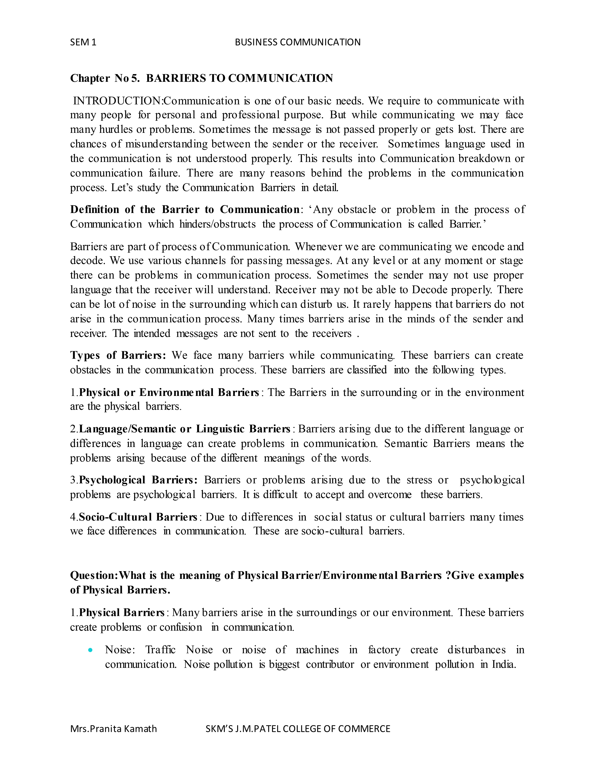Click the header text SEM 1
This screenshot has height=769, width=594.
83,42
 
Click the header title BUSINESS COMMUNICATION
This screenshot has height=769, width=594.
297,42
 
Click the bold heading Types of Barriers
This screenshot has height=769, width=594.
118,355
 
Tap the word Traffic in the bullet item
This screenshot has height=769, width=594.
160,650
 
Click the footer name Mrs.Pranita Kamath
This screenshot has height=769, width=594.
113,728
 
